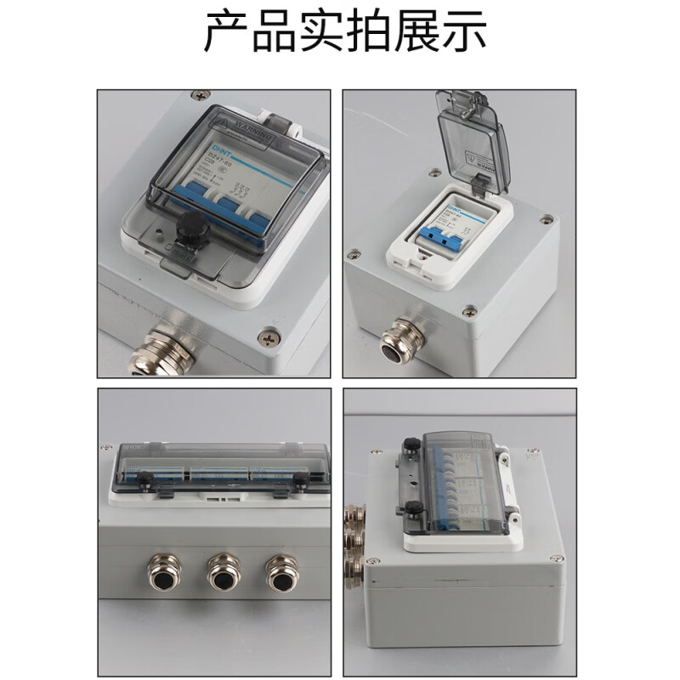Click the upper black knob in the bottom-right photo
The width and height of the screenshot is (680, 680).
click(411, 442)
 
